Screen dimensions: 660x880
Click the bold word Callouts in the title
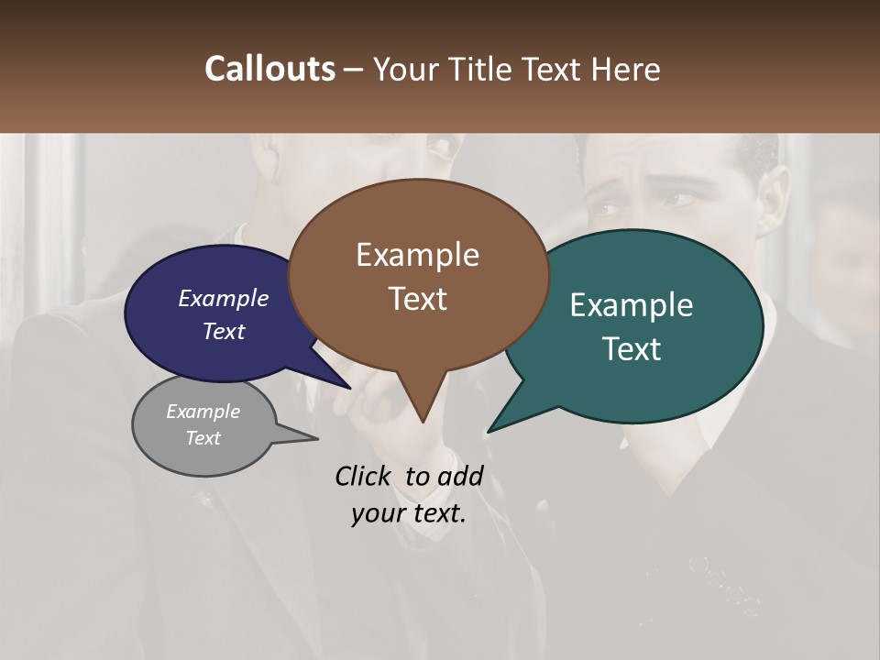pos(269,69)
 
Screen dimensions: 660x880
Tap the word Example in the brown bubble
pos(417,255)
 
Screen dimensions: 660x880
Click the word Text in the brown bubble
pos(417,298)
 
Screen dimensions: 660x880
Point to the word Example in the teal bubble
pos(632,305)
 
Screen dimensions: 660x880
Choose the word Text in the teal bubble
pos(632,348)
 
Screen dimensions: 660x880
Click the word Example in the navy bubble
pos(224,298)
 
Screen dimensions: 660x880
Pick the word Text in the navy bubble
pos(224,331)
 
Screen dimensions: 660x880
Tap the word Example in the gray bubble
pos(203,412)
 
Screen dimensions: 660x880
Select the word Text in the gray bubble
pos(203,437)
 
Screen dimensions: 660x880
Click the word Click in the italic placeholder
pos(362,476)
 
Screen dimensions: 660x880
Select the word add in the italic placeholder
pos(460,476)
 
